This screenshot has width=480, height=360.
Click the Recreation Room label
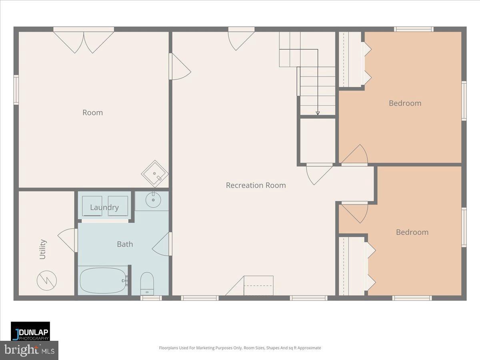256,185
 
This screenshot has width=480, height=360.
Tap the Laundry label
104,207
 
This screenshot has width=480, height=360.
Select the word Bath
125,244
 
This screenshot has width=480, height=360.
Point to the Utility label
43,249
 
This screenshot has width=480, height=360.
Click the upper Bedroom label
405,103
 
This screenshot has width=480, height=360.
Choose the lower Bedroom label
412,232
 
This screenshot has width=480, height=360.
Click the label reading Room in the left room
92,112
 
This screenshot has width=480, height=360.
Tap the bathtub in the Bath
103,280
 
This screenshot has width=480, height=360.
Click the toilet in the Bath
147,283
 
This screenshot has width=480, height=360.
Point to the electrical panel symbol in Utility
47,280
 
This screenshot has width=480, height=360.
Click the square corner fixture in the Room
154,174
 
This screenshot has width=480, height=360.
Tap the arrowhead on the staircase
318,113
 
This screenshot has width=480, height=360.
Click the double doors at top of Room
84,41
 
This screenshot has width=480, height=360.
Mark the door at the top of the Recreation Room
241,39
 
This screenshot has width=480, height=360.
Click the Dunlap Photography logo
30,331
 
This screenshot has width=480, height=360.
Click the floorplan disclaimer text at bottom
240,348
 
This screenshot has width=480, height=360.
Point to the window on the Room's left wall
16,90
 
